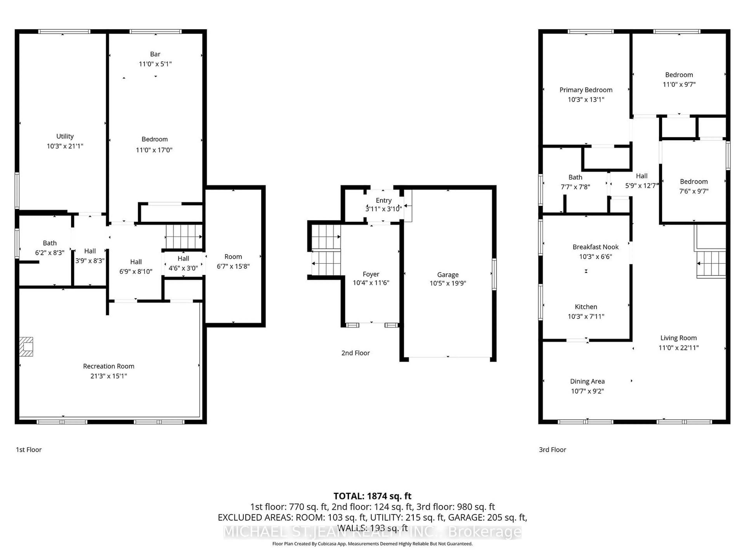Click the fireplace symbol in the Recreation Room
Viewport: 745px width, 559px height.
(26, 346)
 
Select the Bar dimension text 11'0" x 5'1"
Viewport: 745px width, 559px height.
(155, 64)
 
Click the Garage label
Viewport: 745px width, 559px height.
(448, 275)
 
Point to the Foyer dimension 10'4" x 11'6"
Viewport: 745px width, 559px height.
(371, 283)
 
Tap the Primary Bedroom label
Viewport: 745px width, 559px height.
(586, 90)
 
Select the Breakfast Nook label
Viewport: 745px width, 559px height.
(595, 247)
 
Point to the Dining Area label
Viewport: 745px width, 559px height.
(587, 381)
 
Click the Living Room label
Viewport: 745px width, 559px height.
(678, 338)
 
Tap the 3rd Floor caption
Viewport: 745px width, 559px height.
(552, 450)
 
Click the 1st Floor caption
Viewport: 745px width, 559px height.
(29, 450)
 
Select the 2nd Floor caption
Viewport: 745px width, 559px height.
(355, 353)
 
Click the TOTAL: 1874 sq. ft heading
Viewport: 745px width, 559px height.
(372, 496)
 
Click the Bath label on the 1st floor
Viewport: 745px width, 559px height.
(49, 243)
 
